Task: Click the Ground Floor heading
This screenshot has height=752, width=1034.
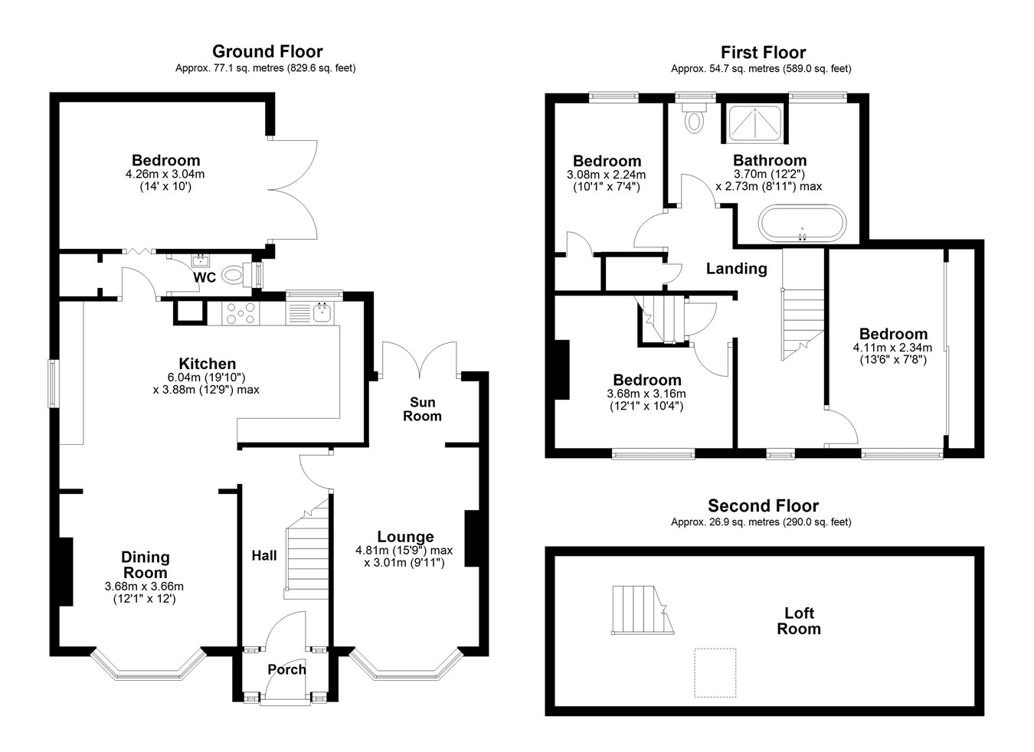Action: pos(267,51)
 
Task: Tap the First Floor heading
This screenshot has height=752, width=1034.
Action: pos(763,52)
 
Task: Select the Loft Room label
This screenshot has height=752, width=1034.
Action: pos(799,620)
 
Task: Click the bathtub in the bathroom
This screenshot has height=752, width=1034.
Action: pos(802,223)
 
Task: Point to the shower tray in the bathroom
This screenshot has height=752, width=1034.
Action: pos(755,123)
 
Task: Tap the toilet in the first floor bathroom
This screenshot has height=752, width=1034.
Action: pos(694,117)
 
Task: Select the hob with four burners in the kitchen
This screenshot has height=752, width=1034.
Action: pos(241,313)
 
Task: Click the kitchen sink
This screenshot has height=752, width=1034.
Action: pos(321,312)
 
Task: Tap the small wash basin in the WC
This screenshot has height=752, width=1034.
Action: pos(201,260)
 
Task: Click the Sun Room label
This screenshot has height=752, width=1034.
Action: pos(422,409)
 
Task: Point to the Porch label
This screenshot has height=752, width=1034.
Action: pos(286,669)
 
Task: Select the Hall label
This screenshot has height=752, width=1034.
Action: pos(264,555)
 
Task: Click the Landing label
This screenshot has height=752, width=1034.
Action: pos(737,269)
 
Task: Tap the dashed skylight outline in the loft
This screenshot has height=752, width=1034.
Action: pos(715,672)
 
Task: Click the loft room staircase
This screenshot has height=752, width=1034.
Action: pos(643,610)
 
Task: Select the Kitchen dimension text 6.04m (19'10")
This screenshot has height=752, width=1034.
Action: pos(207,378)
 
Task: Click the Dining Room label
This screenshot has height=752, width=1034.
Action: pos(145,564)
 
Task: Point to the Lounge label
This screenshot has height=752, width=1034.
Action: pos(405,536)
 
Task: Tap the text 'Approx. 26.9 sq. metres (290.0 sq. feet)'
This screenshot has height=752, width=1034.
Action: pos(761,521)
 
